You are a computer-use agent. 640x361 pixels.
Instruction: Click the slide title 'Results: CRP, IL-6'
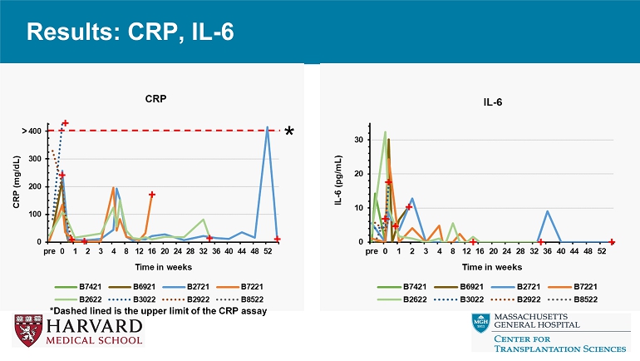(130, 32)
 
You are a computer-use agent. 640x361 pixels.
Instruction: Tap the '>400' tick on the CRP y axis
(32, 131)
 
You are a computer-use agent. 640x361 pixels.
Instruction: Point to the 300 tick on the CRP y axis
(34, 158)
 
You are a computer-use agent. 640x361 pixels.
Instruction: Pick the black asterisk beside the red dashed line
(290, 133)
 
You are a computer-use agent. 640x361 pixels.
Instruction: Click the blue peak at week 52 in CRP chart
(267, 128)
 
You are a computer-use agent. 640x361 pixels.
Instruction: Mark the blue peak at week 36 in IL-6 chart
(547, 211)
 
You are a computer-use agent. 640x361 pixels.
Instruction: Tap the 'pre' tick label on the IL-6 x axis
(371, 250)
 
